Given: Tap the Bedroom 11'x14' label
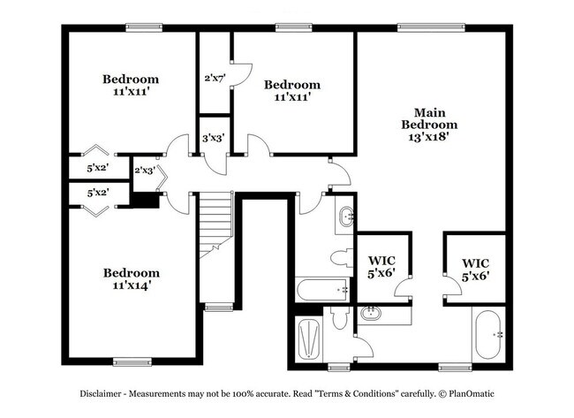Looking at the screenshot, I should click(131, 279).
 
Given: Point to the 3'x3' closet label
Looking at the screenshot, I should click(212, 138).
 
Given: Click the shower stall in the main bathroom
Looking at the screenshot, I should click(309, 338).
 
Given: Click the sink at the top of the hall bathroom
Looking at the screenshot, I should click(345, 215).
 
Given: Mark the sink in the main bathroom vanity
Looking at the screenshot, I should click(371, 312).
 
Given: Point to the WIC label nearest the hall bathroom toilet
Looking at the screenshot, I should click(382, 268).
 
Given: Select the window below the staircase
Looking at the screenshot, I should click(216, 307).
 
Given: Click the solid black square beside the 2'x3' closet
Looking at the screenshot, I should click(145, 201).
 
